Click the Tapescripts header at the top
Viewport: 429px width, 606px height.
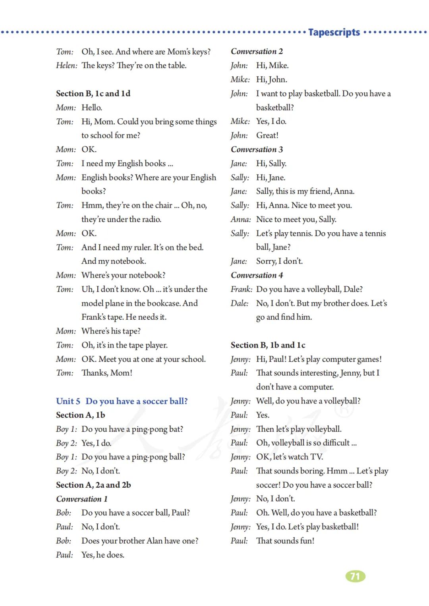(334, 32)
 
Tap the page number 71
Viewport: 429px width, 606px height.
(355, 576)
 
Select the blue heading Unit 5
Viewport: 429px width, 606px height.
(122, 401)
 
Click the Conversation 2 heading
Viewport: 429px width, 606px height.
(257, 51)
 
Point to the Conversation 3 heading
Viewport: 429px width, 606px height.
(257, 149)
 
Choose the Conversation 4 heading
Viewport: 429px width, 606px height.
(257, 275)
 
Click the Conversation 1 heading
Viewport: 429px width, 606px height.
(82, 499)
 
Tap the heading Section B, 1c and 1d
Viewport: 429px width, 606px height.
(93, 93)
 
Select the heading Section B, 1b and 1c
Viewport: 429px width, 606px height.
(268, 345)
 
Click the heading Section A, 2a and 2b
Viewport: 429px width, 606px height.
(93, 485)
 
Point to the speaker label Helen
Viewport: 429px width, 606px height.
(66, 66)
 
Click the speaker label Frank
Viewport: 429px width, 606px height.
(241, 289)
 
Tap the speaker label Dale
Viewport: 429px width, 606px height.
(240, 303)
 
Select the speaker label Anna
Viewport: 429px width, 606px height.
(240, 219)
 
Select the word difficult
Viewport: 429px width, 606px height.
(330, 443)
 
